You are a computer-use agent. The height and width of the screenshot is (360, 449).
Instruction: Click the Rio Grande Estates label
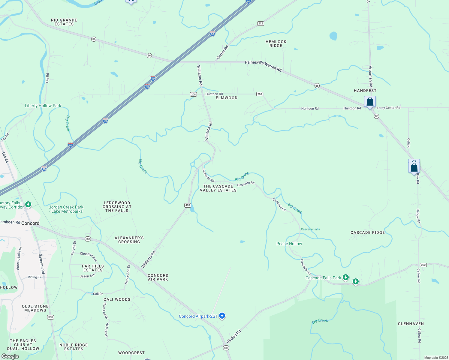point(64,22)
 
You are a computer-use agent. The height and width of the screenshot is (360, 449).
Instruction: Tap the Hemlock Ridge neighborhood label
point(276,44)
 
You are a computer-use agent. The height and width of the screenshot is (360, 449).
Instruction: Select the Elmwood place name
point(227,98)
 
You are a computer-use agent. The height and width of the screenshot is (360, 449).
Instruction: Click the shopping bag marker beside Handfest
point(370,102)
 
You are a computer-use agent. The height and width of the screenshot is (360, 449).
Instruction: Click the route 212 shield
point(260,23)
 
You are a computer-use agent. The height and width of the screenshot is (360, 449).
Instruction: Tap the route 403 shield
point(188,205)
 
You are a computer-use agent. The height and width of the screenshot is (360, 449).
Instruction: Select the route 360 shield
point(50,317)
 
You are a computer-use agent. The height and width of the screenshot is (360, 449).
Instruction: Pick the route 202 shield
point(423,265)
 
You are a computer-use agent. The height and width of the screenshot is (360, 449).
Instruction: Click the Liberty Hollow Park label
point(43,106)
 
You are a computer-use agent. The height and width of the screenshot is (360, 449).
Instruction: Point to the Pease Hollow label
point(289,244)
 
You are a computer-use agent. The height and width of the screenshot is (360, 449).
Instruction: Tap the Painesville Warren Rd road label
point(263,66)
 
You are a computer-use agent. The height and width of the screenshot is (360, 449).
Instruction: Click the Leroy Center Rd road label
point(388,108)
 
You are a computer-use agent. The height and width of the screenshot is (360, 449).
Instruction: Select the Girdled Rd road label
point(234,337)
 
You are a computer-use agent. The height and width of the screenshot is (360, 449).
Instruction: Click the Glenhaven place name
point(411,324)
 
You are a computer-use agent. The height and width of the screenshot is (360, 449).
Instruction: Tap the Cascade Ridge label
point(367,232)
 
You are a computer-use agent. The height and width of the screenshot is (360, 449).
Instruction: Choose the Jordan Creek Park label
point(66,209)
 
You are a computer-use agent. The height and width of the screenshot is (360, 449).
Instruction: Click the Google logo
point(10,356)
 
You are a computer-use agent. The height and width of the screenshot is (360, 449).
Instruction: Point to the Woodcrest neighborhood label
point(131,353)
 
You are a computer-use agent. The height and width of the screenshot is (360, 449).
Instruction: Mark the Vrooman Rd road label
point(370,76)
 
